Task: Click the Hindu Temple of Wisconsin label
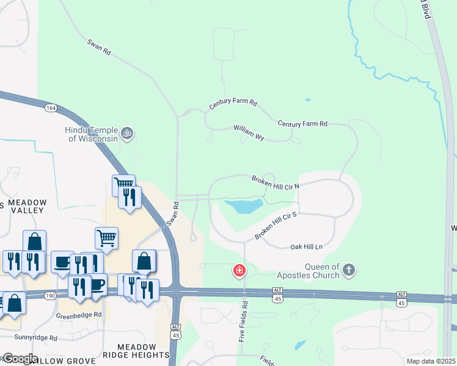coord(92,134)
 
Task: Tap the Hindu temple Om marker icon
coord(127,132)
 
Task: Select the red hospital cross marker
coord(239,270)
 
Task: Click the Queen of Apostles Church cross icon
coord(349,270)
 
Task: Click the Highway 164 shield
coord(51,108)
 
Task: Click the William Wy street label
coord(248,133)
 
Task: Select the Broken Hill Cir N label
coord(276,182)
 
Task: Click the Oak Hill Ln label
coord(305,246)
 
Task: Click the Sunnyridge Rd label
coord(35,337)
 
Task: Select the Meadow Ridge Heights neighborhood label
coord(135,351)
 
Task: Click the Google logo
coord(20,359)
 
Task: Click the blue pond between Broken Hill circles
coord(243,206)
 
